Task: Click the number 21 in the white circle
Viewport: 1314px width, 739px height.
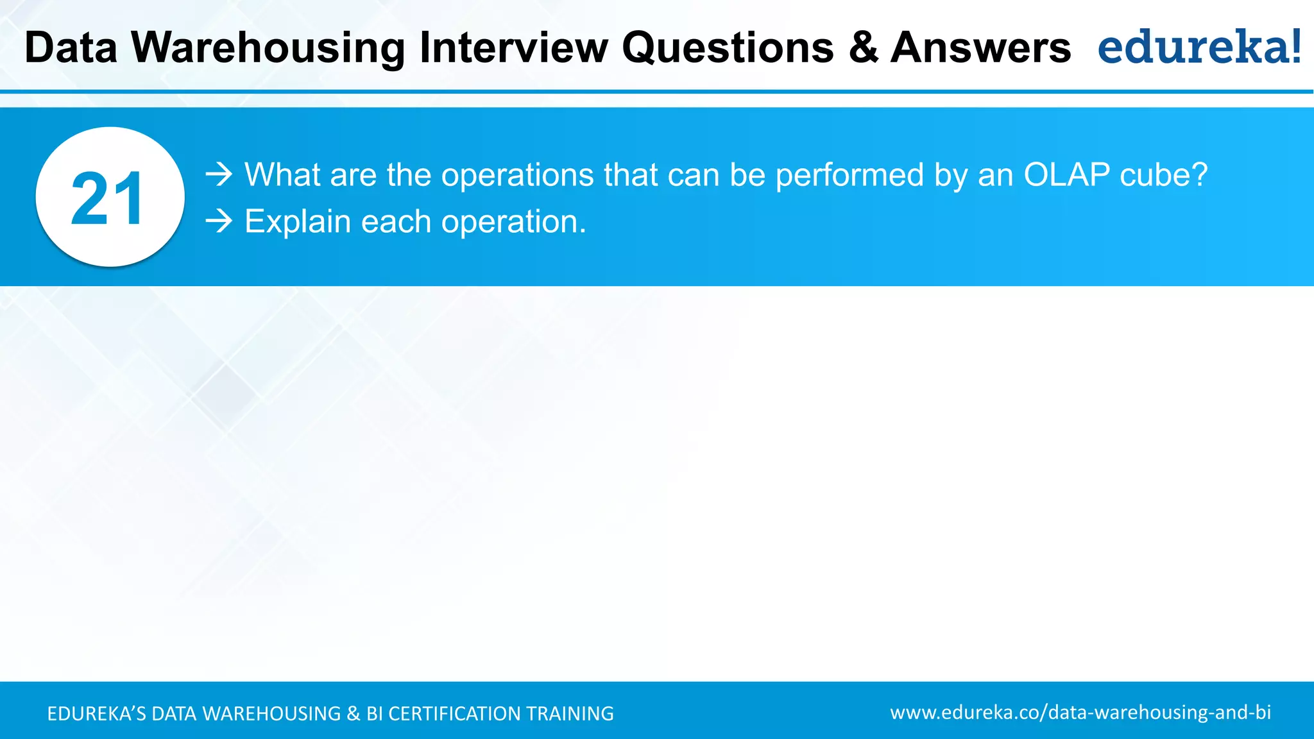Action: [x=108, y=199]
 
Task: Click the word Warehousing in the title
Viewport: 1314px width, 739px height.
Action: [x=268, y=48]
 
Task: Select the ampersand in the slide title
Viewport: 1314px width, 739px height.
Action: [x=863, y=48]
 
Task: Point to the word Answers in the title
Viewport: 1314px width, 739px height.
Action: [x=980, y=48]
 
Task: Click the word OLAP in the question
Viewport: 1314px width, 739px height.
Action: [x=1066, y=174]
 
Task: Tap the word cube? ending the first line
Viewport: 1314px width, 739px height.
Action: [x=1163, y=174]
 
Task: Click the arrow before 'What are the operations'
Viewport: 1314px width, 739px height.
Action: [x=219, y=174]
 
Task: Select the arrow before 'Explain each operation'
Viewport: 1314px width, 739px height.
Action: [x=219, y=221]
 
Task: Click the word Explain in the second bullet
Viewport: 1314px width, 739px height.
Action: [x=298, y=221]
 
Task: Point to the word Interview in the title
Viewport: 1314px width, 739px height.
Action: [x=513, y=48]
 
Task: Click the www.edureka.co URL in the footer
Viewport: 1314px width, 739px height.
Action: [x=1080, y=712]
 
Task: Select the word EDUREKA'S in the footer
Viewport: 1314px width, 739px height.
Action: [x=96, y=713]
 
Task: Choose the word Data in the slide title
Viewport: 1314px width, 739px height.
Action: [x=71, y=48]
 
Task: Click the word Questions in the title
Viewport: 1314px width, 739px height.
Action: [x=728, y=48]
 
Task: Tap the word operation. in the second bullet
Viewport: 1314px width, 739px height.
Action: [x=513, y=221]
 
